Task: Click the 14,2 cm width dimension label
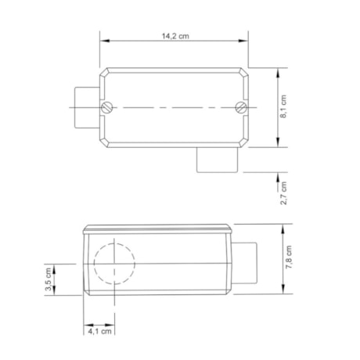click(x=176, y=36)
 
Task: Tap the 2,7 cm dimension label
click(x=284, y=193)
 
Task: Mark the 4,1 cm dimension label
click(x=100, y=332)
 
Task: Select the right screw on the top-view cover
click(x=241, y=107)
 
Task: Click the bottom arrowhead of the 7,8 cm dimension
click(x=280, y=291)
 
